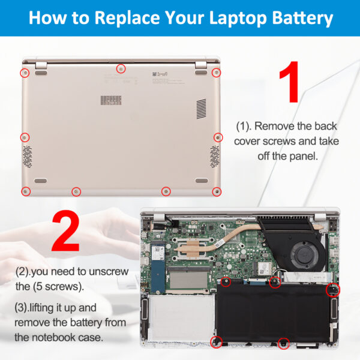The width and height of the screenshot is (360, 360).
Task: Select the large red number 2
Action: coord(66,230)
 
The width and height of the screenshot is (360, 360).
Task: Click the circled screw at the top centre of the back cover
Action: coord(121,68)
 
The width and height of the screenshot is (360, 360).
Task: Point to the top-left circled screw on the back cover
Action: coord(25,73)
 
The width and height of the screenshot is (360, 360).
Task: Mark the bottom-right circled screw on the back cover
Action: coord(217,191)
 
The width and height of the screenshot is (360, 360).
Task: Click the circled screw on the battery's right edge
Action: coord(332,290)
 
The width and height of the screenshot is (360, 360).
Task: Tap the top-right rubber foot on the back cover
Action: coord(200,73)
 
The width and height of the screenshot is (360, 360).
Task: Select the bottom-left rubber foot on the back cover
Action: coord(41,179)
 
